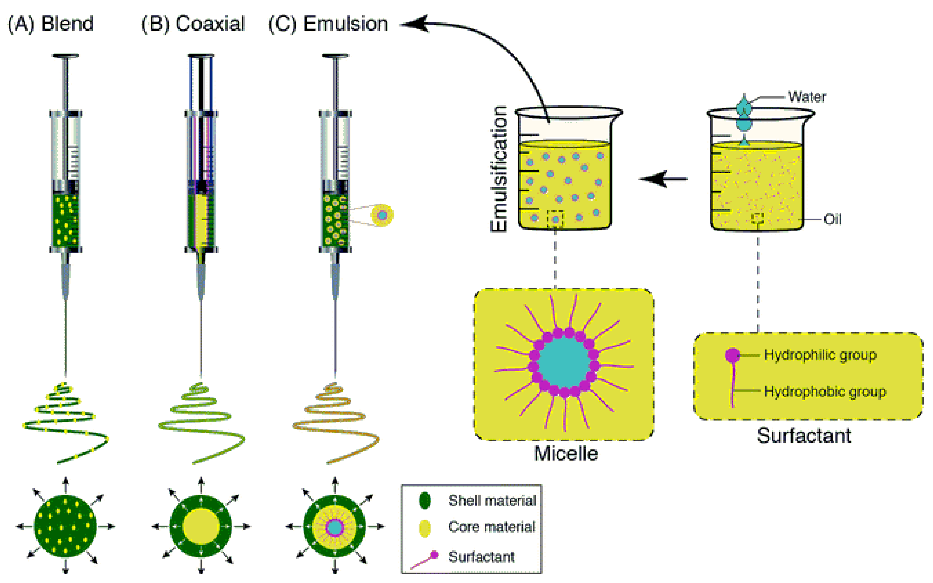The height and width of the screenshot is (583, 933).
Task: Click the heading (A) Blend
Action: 50,24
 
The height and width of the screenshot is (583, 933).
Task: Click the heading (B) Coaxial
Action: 193,24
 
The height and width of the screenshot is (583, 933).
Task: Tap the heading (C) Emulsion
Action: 328,24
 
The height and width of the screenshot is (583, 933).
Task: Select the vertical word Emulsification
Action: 499,169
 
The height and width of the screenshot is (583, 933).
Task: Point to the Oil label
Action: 832,220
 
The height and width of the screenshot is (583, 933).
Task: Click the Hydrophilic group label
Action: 820,355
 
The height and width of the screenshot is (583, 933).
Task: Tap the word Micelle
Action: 566,453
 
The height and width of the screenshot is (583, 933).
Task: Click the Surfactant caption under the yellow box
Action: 804,436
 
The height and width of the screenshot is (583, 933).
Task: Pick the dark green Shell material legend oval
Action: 424,500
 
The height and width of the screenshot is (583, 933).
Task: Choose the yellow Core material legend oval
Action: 424,528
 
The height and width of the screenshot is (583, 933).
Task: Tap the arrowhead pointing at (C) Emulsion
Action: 414,24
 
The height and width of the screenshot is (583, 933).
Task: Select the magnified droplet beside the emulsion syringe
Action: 382,215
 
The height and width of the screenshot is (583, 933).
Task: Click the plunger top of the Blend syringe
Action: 65,56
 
